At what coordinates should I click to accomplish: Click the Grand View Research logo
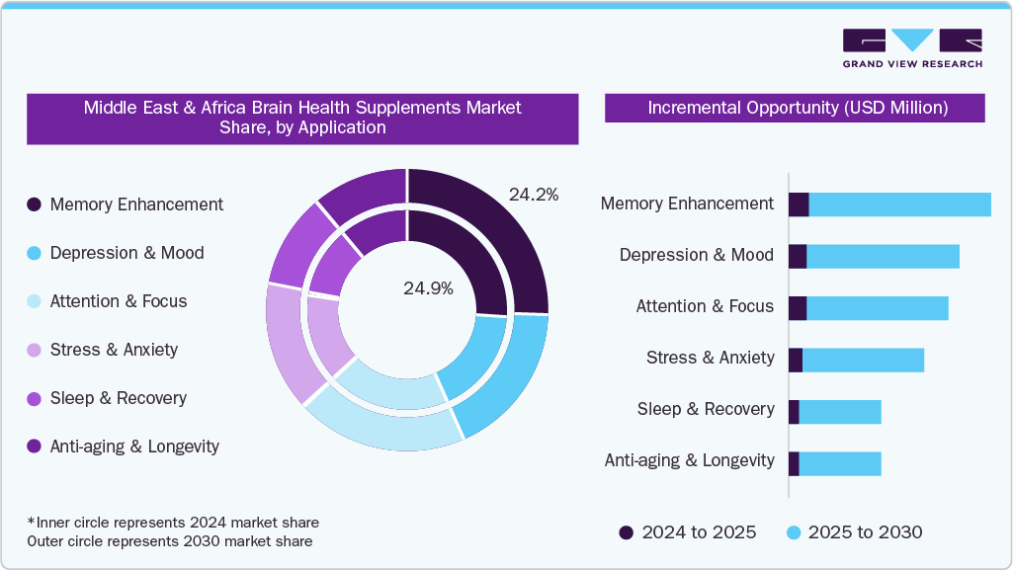912,47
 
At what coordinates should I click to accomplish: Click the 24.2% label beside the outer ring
534,195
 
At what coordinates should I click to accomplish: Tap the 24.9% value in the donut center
428,288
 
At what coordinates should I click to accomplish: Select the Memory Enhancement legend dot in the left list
34,204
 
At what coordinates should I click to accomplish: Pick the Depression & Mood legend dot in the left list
34,253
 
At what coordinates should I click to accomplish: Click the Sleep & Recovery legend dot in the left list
34,398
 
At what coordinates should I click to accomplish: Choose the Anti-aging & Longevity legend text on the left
134,447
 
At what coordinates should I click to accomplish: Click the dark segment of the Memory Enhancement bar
799,204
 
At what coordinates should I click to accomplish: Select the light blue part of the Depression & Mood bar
883,255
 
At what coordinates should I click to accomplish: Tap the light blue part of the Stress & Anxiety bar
863,360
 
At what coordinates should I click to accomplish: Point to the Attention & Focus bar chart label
705,306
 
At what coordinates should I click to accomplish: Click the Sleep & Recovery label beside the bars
706,409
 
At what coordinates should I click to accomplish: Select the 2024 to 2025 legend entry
688,532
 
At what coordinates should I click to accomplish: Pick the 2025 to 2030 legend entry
854,532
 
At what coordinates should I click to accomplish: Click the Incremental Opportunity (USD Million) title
797,108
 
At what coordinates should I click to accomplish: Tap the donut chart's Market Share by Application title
302,118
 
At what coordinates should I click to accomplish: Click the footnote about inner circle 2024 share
173,522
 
